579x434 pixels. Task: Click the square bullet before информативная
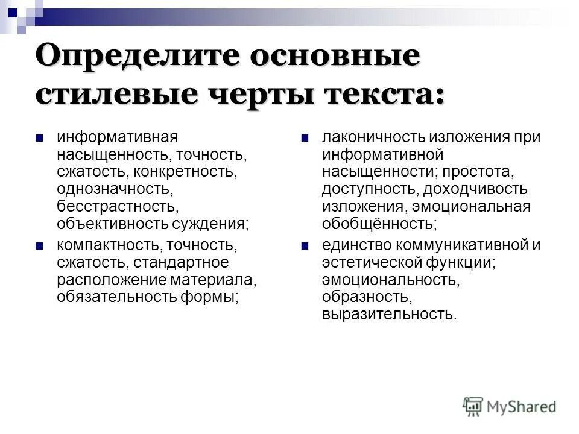[x=40, y=137]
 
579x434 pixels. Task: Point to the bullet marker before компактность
[x=40, y=246]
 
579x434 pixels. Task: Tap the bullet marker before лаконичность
[x=305, y=137]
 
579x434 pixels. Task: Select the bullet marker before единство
[x=305, y=246]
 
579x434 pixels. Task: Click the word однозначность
[x=115, y=189]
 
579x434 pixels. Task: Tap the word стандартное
[x=181, y=263]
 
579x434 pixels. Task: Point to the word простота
[x=483, y=172]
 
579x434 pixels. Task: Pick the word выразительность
[x=390, y=314]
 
